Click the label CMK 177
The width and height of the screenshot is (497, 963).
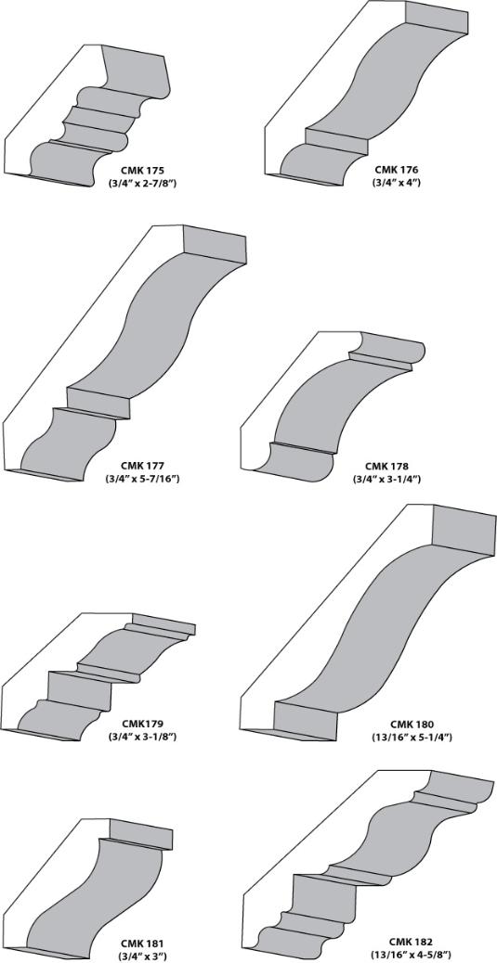pyautogui.click(x=142, y=465)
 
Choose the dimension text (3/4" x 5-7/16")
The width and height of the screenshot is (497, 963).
pyautogui.click(x=142, y=478)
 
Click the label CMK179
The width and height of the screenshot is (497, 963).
pyautogui.click(x=142, y=723)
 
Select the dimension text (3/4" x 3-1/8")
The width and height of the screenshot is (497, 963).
pyautogui.click(x=142, y=736)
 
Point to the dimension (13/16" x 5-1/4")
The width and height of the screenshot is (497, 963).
pyautogui.click(x=412, y=737)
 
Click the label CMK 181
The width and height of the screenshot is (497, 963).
pyautogui.click(x=141, y=943)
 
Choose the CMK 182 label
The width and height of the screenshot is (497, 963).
pyautogui.click(x=411, y=942)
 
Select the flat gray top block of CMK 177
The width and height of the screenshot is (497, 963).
pyautogui.click(x=215, y=245)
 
